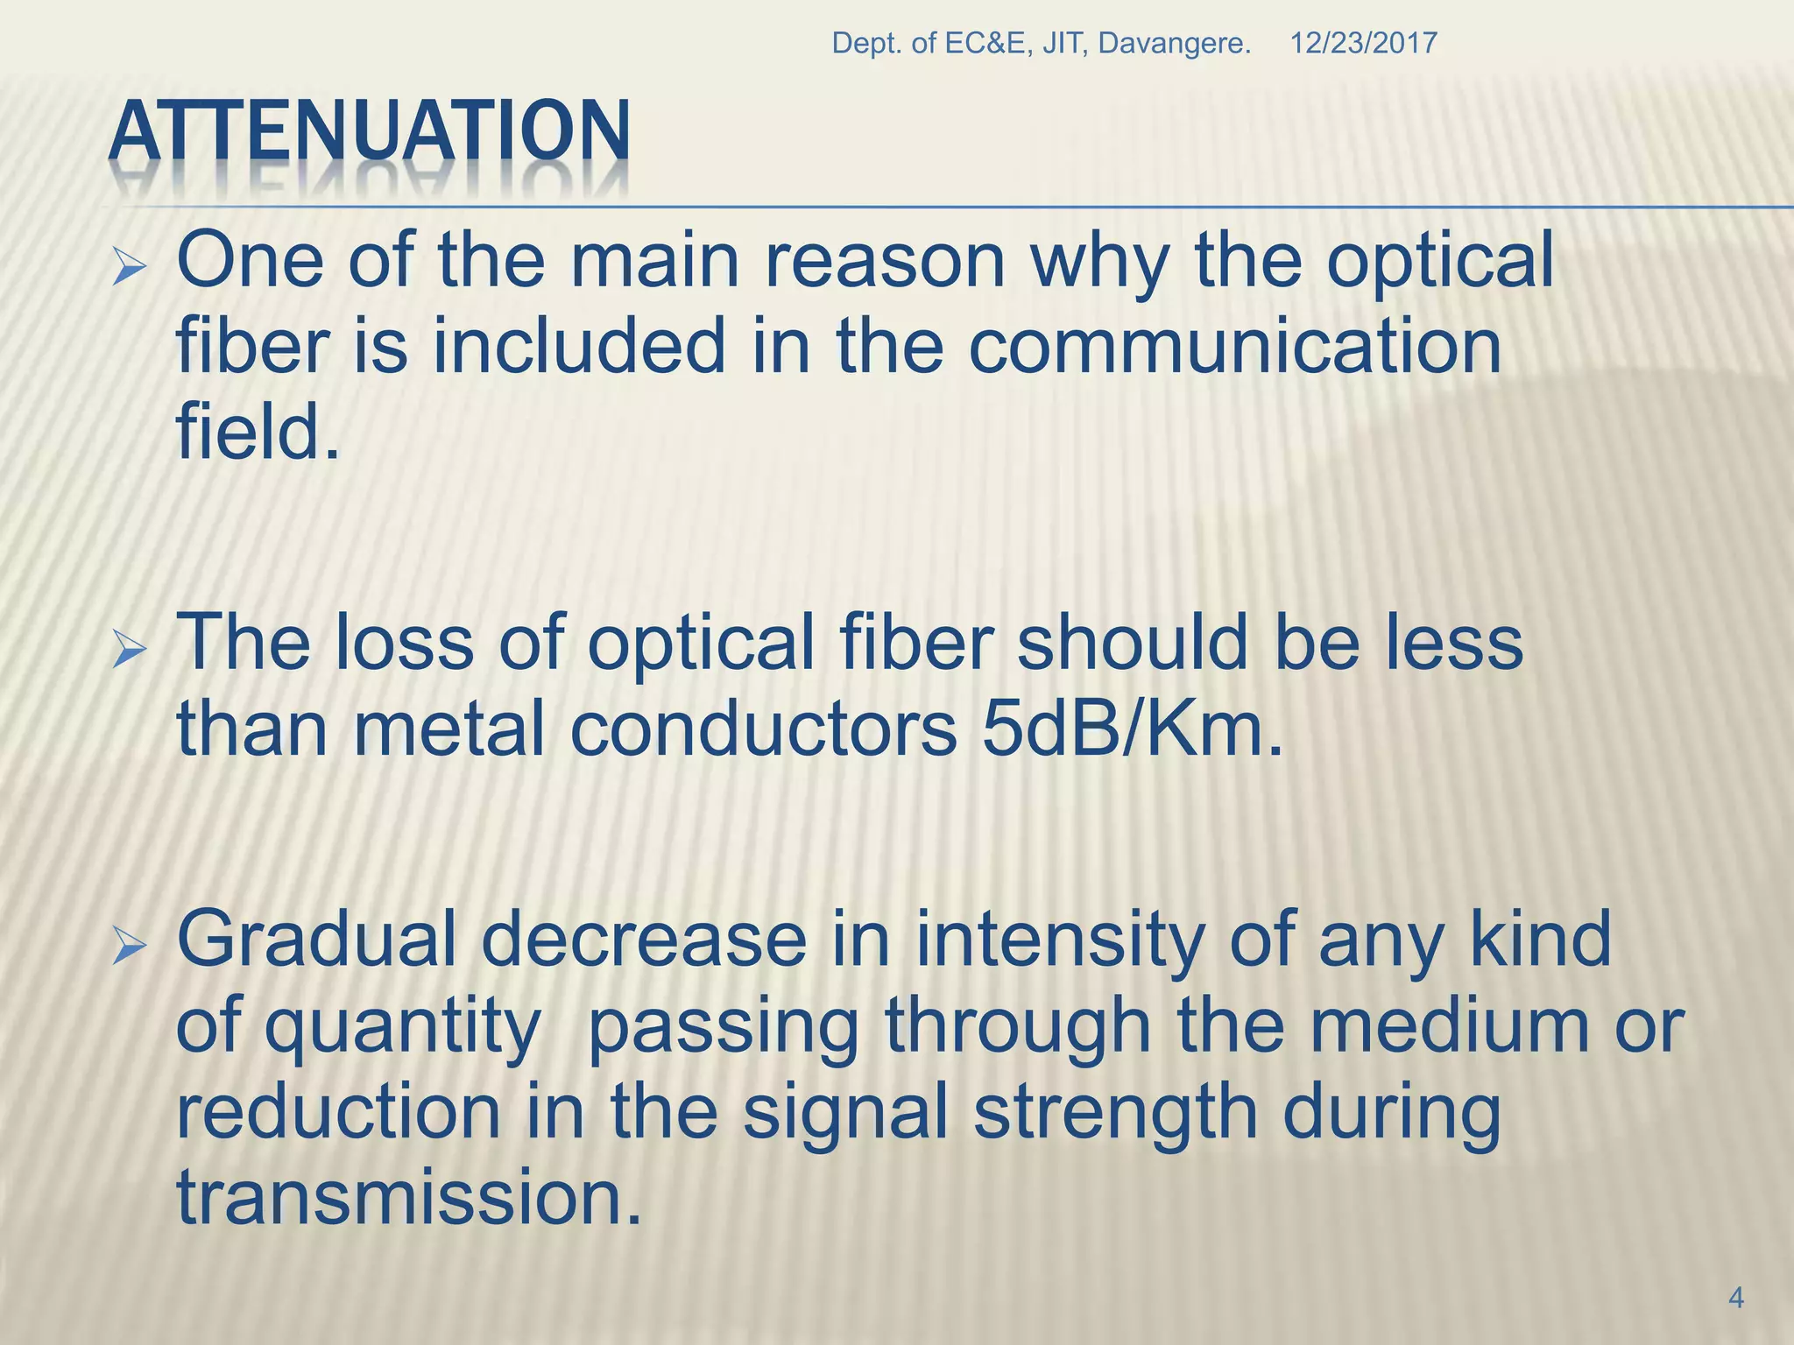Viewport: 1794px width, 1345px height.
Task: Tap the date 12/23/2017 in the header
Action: click(x=1363, y=43)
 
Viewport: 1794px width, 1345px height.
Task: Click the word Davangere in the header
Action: click(x=1174, y=43)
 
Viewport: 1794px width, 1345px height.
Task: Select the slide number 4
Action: click(x=1736, y=1298)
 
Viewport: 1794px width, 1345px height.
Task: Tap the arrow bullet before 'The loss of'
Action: click(x=130, y=652)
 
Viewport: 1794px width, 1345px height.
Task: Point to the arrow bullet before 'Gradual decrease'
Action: click(x=130, y=948)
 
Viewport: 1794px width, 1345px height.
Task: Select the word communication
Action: click(x=1234, y=347)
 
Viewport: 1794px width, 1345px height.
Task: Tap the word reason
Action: click(x=885, y=262)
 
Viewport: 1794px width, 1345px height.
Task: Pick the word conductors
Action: click(x=763, y=730)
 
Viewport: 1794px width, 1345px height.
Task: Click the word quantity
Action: click(x=402, y=1028)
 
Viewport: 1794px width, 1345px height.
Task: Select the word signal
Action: click(x=845, y=1114)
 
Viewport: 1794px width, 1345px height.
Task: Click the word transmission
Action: click(x=408, y=1198)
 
